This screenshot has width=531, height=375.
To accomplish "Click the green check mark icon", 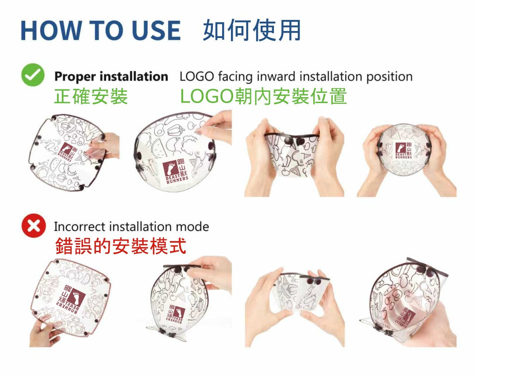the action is (x=33, y=75).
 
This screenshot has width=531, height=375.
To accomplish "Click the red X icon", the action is (x=34, y=226).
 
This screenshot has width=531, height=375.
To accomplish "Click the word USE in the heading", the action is (x=157, y=31).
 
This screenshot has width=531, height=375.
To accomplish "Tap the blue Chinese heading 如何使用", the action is (x=252, y=30).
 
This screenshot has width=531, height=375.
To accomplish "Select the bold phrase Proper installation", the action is (x=111, y=77).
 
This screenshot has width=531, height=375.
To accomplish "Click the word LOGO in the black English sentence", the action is (x=197, y=77).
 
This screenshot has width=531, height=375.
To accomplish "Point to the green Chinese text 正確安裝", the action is (x=91, y=96).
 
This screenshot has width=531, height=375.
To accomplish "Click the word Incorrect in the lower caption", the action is (x=80, y=227).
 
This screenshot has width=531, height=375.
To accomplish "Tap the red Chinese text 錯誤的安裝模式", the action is (x=121, y=246).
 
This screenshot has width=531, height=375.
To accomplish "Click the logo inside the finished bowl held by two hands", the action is (x=404, y=150).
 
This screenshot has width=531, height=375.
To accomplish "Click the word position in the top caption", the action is (x=389, y=77).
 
